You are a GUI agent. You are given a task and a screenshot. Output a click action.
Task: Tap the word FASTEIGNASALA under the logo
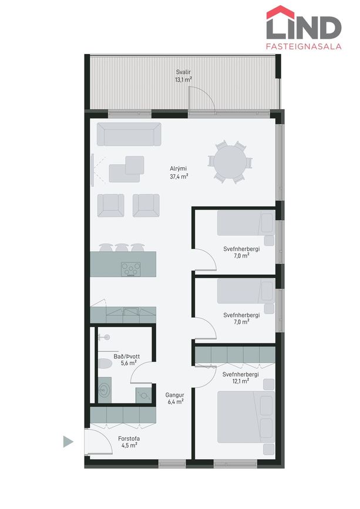pyautogui.click(x=304, y=46)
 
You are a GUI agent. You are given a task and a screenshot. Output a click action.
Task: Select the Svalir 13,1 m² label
pyautogui.click(x=183, y=76)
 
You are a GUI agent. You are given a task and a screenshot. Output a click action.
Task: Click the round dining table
pyautogui.click(x=230, y=161)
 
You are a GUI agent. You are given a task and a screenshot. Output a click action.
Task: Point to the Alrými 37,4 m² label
pyautogui.click(x=179, y=173)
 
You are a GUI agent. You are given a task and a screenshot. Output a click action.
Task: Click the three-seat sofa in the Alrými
pyautogui.click(x=129, y=134)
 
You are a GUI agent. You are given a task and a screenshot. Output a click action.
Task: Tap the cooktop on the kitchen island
pyautogui.click(x=131, y=269)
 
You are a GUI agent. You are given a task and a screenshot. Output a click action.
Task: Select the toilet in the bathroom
pyautogui.click(x=105, y=363)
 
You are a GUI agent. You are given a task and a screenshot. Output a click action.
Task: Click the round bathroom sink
pyautogui.click(x=105, y=389)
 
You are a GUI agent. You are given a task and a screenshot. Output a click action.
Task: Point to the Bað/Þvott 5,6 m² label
pyautogui.click(x=127, y=360)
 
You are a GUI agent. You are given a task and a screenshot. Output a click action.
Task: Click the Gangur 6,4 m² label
pyautogui.click(x=174, y=398)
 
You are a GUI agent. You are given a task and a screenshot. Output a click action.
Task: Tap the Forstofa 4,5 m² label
pyautogui.click(x=129, y=442)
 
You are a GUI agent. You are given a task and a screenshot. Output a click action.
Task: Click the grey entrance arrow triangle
pyautogui.click(x=68, y=442)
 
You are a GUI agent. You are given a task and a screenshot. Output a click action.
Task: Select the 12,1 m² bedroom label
pyautogui.click(x=241, y=377)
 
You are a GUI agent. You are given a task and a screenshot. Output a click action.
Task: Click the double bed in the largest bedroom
pyautogui.click(x=245, y=417)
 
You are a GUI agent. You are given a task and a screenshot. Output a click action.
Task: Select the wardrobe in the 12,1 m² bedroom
pyautogui.click(x=235, y=355)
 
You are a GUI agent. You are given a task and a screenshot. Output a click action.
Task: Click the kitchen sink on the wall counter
pyautogui.click(x=131, y=311)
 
